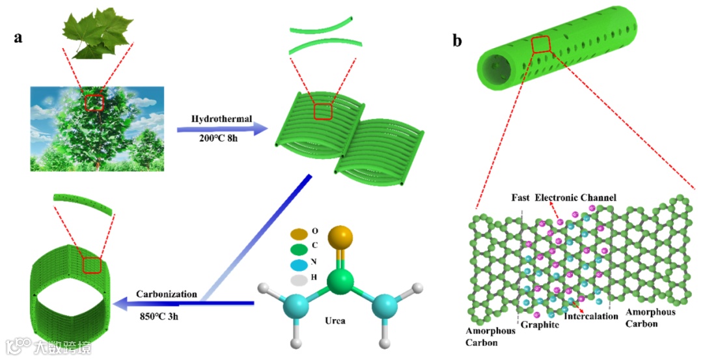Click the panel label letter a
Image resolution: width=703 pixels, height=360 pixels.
19,37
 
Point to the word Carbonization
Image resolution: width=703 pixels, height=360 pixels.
167,294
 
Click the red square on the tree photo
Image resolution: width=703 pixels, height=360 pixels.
94,102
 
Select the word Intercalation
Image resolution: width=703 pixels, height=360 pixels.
590,317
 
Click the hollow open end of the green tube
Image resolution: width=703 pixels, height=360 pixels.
495,67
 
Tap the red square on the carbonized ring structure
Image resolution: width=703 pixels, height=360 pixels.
92,264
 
